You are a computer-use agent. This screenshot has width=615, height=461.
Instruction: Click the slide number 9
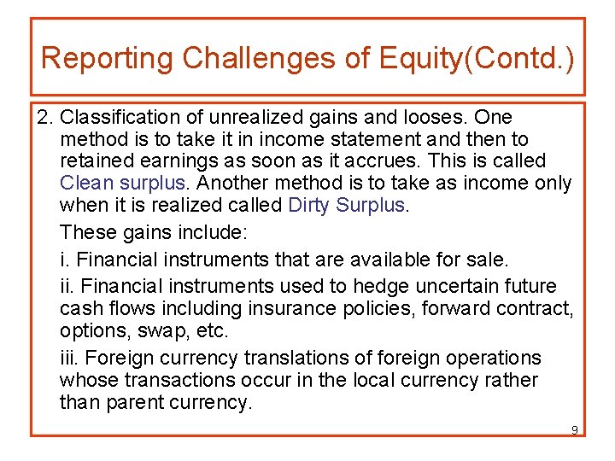[x=575, y=429]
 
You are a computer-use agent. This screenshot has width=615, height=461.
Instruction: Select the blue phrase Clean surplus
[x=123, y=183]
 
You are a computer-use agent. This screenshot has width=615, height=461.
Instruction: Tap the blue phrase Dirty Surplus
[x=348, y=205]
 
